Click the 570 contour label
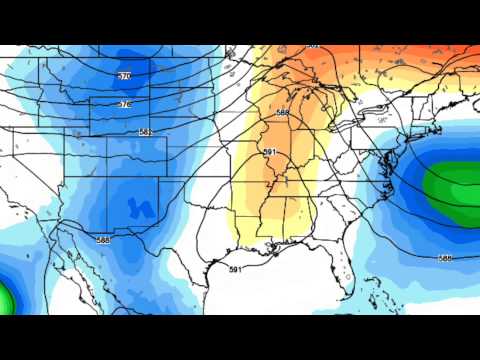click(x=125, y=76)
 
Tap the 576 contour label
click(x=125, y=104)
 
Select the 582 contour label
click(x=146, y=132)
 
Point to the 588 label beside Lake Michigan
click(x=282, y=113)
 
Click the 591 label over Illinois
click(x=268, y=151)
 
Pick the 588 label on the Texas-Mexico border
click(x=104, y=240)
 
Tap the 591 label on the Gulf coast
click(x=235, y=270)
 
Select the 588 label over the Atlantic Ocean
click(x=445, y=258)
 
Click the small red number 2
click(x=268, y=184)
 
